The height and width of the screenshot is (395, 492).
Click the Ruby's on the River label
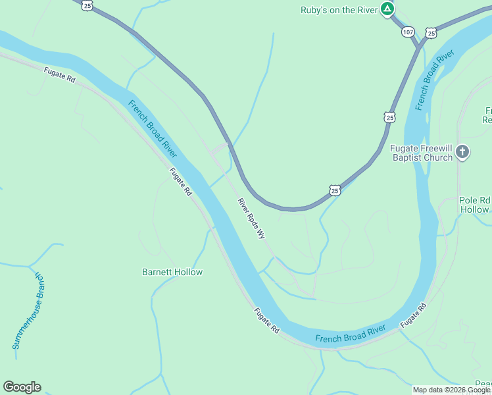[338, 9]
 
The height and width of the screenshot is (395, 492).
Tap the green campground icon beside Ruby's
[388, 9]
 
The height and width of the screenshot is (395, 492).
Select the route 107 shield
[408, 32]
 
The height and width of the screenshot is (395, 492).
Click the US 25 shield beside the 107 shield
[431, 32]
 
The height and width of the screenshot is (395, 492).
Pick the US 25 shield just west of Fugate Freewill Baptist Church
[389, 117]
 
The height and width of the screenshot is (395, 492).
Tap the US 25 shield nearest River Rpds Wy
[335, 190]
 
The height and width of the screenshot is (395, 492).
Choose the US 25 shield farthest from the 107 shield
[88, 5]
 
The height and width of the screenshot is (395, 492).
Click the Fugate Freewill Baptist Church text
[421, 153]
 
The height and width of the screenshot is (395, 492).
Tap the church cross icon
[462, 153]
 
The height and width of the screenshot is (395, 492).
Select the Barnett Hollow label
[172, 272]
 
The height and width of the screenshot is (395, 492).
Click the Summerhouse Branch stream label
[26, 311]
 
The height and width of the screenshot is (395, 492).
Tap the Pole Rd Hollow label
[475, 205]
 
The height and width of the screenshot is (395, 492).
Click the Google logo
[22, 387]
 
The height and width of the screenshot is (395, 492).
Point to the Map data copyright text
[452, 390]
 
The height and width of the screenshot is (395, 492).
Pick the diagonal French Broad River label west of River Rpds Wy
[153, 128]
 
